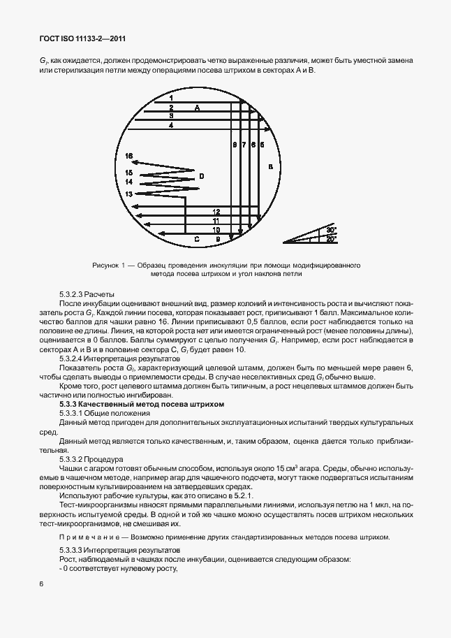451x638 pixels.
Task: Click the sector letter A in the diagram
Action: (x=197, y=108)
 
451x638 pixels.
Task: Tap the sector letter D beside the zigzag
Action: (x=201, y=176)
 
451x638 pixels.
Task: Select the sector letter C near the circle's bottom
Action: (x=197, y=239)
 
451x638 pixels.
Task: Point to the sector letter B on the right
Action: (x=269, y=167)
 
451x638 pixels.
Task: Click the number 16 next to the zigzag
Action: (x=128, y=156)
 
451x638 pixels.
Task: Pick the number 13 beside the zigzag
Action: (x=128, y=193)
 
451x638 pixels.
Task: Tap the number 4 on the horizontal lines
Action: (x=170, y=125)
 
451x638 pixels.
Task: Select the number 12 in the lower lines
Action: (x=216, y=211)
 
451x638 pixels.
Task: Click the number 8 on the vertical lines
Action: (x=235, y=145)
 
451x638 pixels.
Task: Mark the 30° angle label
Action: (x=331, y=229)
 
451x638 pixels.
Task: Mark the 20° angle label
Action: (x=331, y=239)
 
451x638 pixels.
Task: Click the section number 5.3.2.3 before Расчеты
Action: (x=75, y=294)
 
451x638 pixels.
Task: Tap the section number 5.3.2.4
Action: (x=75, y=358)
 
